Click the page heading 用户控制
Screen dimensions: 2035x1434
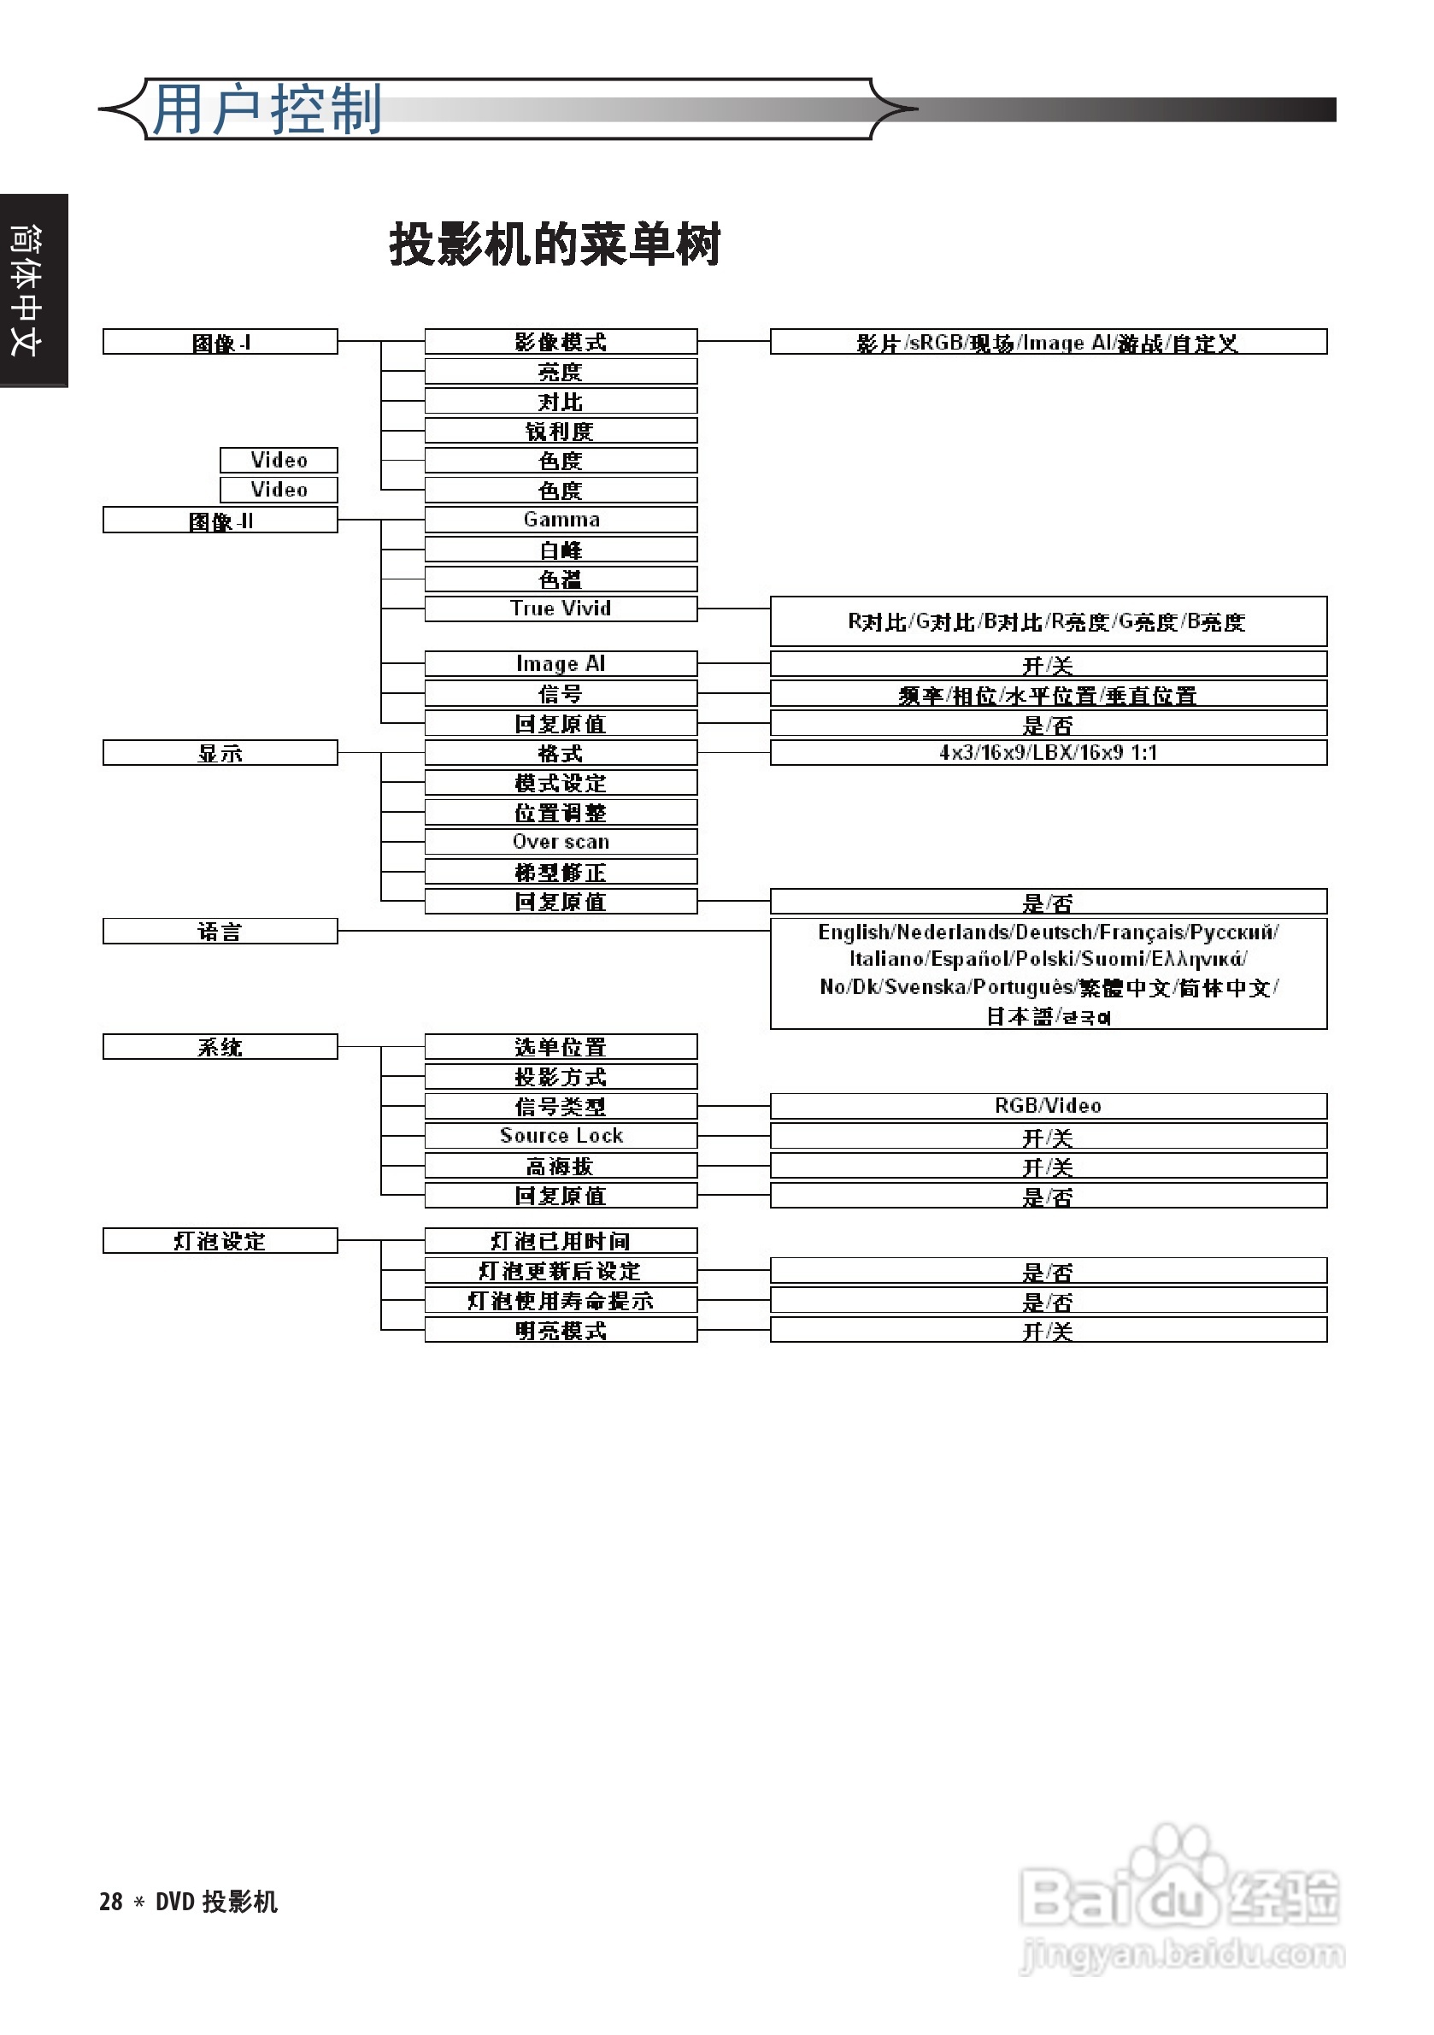tap(267, 110)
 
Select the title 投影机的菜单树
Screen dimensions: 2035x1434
tap(555, 244)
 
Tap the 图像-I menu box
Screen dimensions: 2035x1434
tap(220, 342)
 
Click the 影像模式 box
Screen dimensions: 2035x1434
tap(560, 342)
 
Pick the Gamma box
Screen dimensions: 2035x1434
tap(560, 520)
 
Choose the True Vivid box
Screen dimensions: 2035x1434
tap(560, 609)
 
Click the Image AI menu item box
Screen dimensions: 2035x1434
tap(560, 664)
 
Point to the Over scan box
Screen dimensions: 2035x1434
tap(560, 842)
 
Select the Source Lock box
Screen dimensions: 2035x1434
tap(560, 1136)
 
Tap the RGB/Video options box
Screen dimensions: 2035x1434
tap(1048, 1106)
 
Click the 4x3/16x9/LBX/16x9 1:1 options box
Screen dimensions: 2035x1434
tap(1048, 753)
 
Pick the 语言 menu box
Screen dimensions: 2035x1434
tap(220, 932)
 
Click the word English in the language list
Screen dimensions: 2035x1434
tap(854, 932)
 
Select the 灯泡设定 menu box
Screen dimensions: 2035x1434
tap(220, 1241)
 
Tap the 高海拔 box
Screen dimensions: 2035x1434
tap(560, 1167)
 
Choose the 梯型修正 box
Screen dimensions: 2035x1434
tap(560, 872)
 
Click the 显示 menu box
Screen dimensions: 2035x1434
tap(220, 753)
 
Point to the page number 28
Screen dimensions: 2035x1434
tap(111, 1902)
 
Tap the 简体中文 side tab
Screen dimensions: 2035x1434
tap(26, 291)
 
